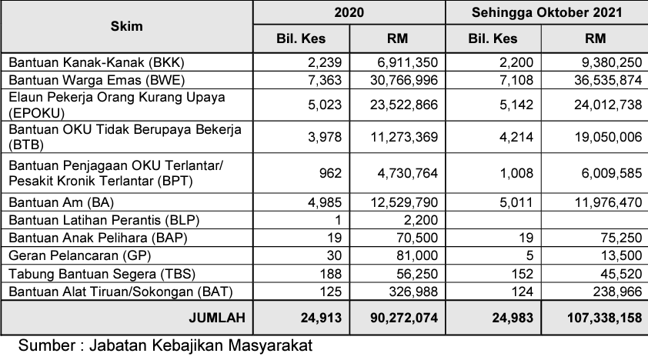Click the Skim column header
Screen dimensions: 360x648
pos(127,26)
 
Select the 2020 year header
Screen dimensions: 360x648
pos(349,13)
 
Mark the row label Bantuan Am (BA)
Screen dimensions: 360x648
pos(58,203)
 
